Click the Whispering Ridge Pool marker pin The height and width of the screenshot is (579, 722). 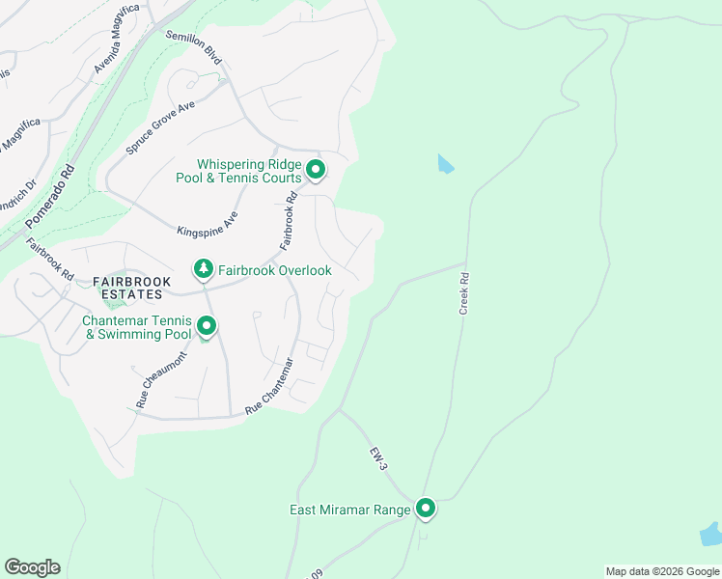pyautogui.click(x=316, y=171)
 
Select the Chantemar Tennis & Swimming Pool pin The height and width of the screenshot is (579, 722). pyautogui.click(x=207, y=327)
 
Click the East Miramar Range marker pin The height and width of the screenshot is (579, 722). pyautogui.click(x=426, y=508)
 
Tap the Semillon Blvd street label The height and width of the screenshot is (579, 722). pyautogui.click(x=194, y=47)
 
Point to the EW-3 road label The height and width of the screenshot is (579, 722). pyautogui.click(x=377, y=458)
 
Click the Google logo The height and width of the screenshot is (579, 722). pyautogui.click(x=32, y=567)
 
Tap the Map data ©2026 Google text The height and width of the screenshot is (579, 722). pyautogui.click(x=661, y=571)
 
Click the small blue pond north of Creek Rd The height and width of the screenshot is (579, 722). pyautogui.click(x=444, y=163)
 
